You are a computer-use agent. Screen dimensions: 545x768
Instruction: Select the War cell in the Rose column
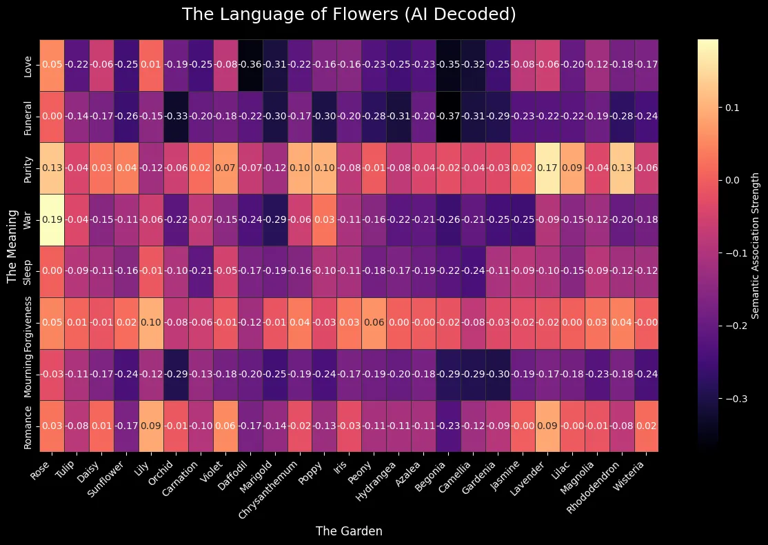[53, 220]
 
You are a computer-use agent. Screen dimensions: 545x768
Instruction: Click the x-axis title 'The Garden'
[348, 531]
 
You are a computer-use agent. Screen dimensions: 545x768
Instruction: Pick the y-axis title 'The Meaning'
[11, 246]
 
